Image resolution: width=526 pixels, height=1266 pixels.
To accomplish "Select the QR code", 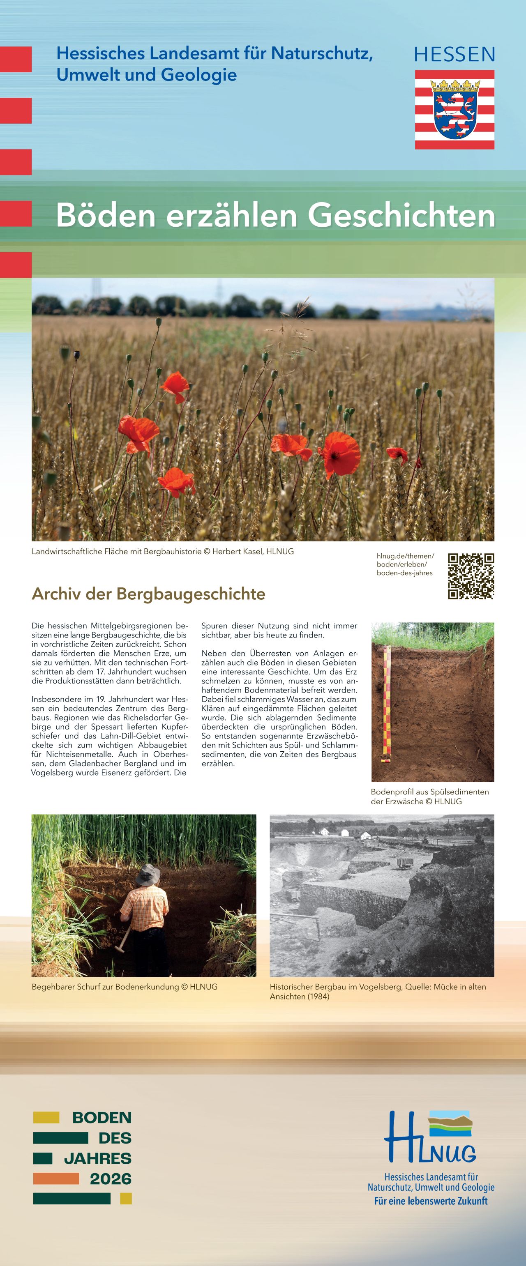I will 471,576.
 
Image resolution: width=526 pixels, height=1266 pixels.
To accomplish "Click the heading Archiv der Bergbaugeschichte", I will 148,594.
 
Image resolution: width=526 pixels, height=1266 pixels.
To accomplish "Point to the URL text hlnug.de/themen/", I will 405,556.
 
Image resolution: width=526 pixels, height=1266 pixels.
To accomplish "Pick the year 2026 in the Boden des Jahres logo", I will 111,1179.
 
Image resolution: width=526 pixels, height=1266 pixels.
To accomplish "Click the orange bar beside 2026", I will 56,1179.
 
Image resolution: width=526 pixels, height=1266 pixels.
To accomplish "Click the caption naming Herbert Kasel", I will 163,551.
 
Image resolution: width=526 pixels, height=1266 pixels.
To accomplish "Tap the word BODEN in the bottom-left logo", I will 102,1118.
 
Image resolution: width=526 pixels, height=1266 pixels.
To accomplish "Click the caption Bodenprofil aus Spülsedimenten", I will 430,792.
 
